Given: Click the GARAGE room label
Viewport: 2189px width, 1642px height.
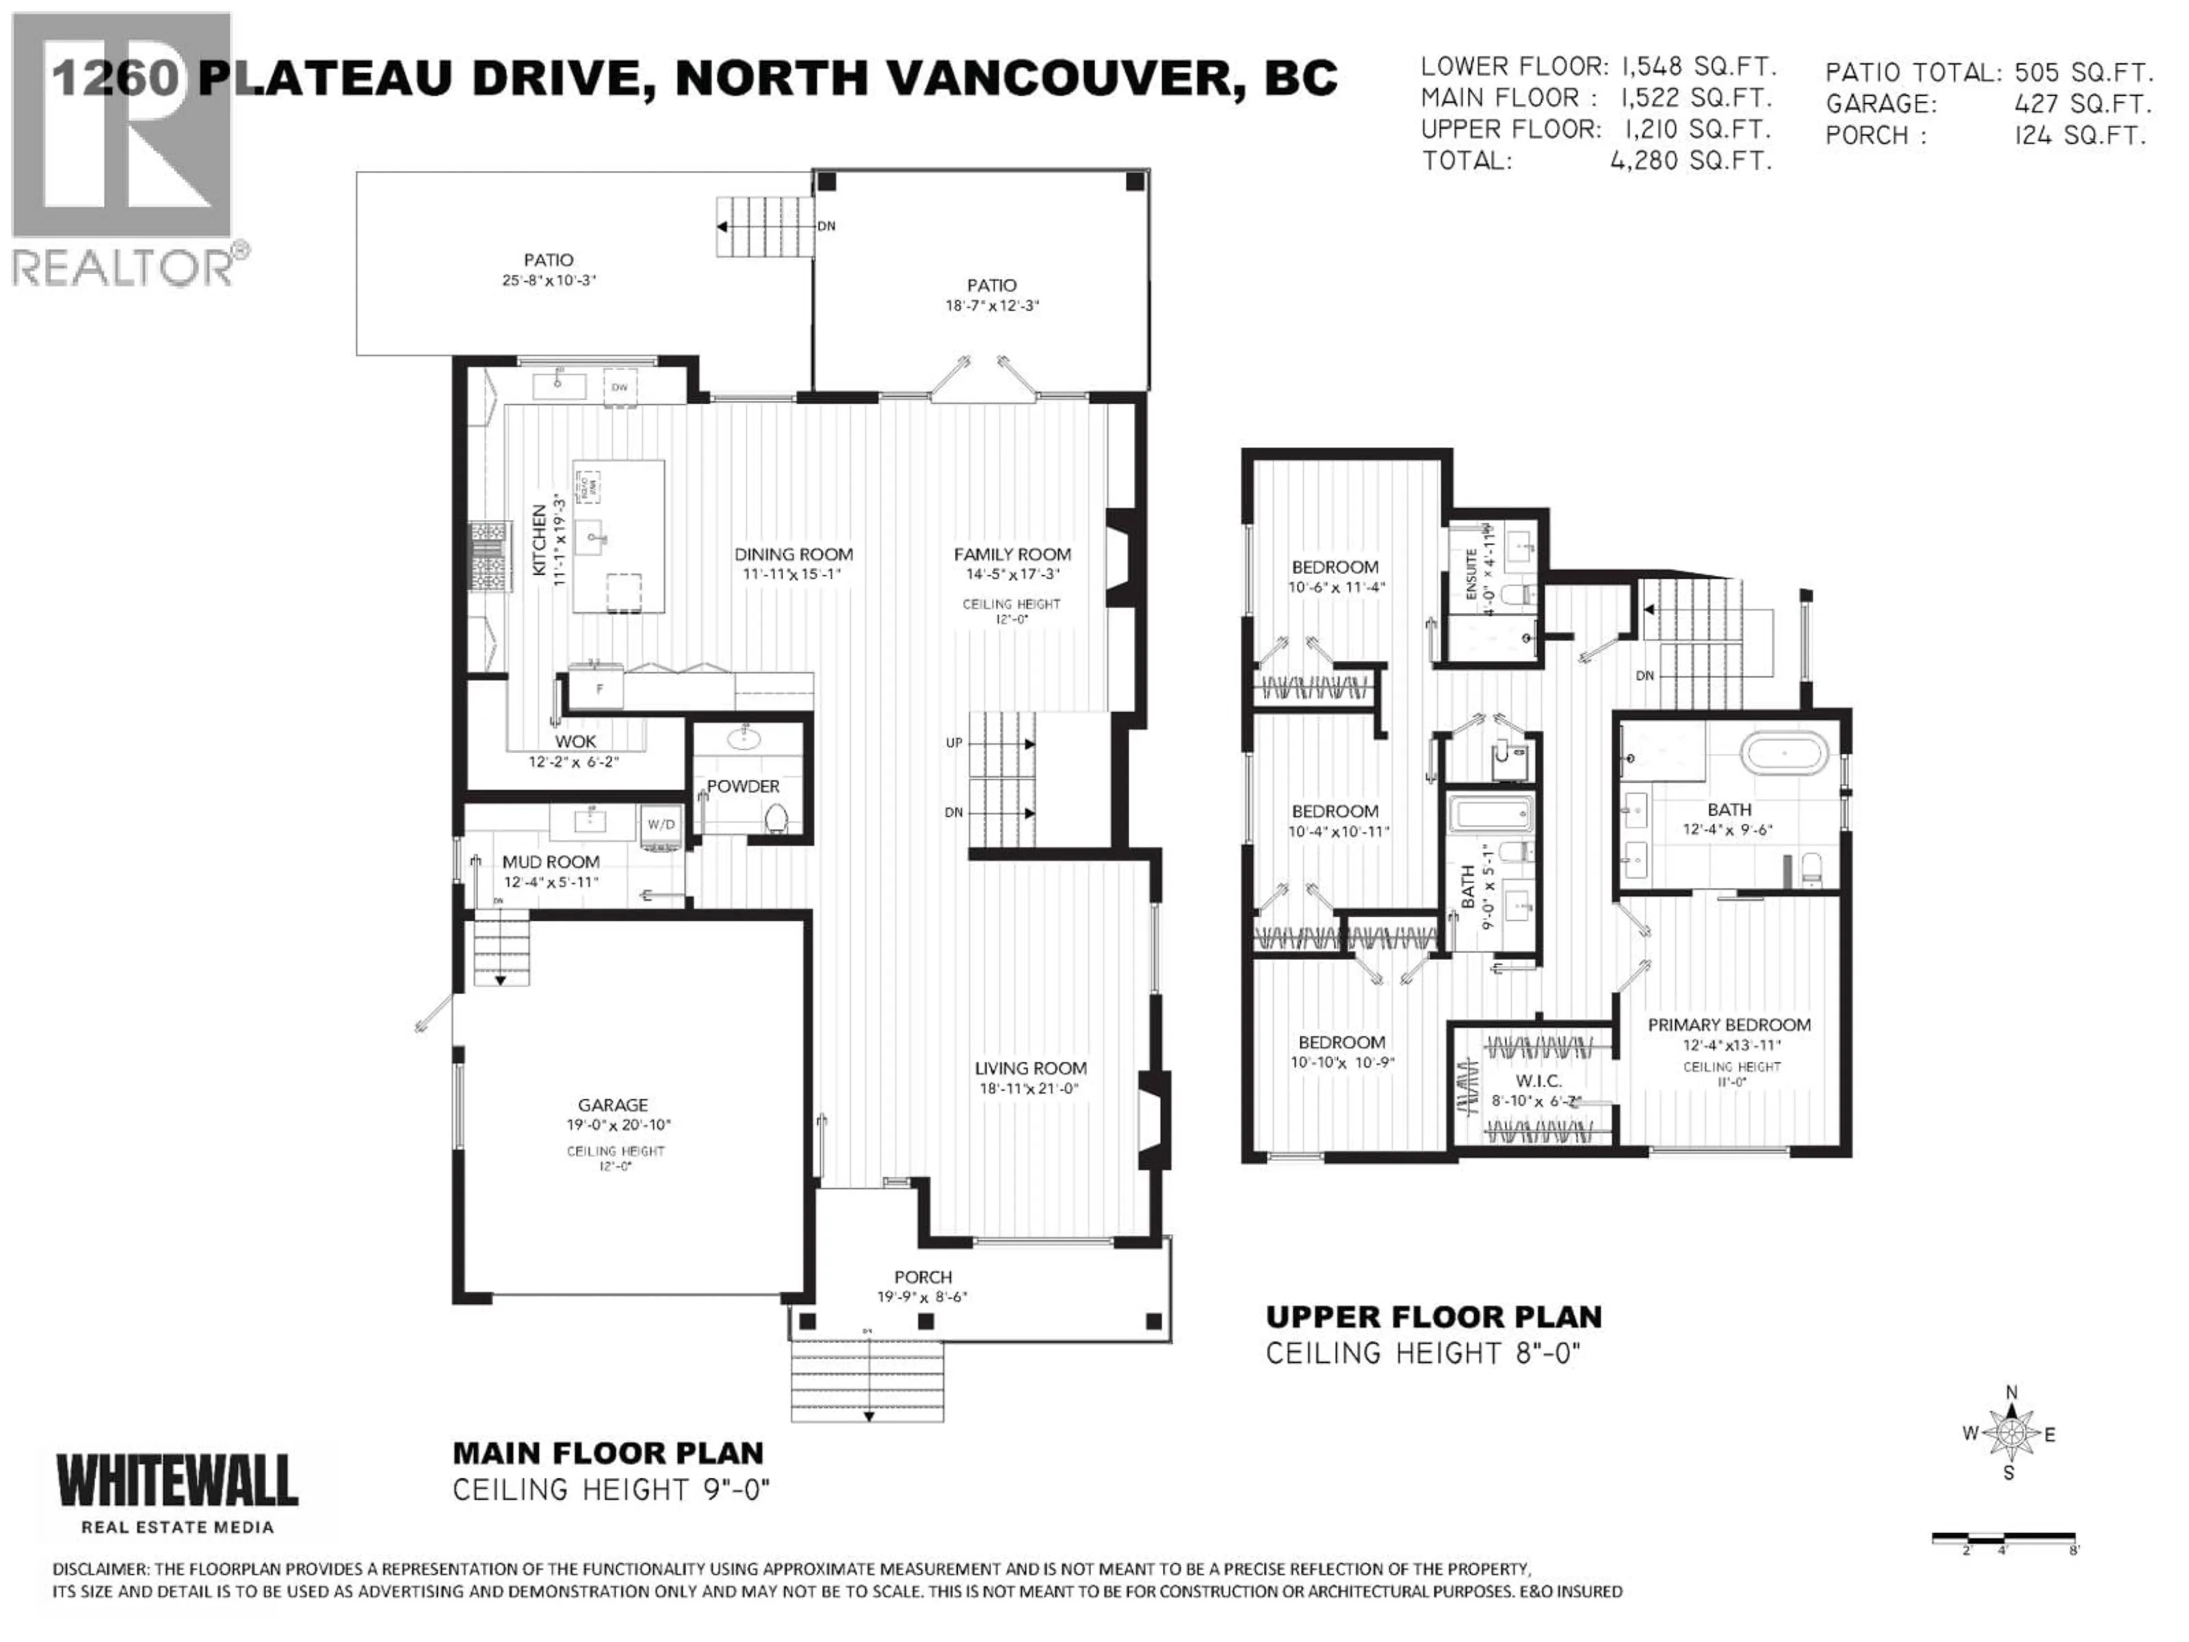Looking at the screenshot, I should click(x=613, y=1104).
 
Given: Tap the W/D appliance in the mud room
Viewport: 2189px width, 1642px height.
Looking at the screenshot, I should click(x=660, y=824).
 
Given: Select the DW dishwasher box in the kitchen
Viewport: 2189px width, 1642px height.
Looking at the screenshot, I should click(x=620, y=387).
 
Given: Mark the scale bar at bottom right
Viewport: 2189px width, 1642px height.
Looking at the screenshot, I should click(x=2004, y=1538).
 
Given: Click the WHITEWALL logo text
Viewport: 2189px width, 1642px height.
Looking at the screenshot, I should click(x=177, y=1482).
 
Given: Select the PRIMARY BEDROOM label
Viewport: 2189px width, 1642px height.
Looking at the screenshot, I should click(x=1729, y=1025).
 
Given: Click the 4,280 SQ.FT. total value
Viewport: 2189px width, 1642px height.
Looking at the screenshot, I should click(x=1690, y=160).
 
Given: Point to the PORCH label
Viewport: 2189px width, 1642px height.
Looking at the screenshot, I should click(x=922, y=1277).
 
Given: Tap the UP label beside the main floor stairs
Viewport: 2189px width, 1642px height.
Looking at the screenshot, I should click(x=953, y=742).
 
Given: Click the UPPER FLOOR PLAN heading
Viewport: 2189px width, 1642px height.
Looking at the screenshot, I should click(x=1433, y=1316).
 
